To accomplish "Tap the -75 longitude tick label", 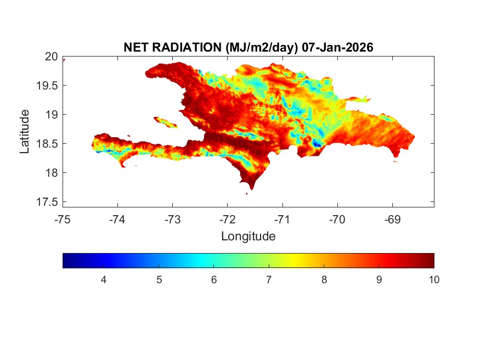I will coord(63,220).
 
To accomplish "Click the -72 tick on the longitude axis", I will coord(228,220).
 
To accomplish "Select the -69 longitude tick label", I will coord(392,220).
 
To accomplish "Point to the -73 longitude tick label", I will coord(173,220).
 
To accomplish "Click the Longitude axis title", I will coord(248,237).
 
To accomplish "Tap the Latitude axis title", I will coord(25,131).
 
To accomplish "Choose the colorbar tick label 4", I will coord(104,280).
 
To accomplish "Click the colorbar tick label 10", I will coord(433,280).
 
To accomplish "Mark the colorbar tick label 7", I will coord(269,280).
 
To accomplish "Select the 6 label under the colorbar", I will coord(214,280).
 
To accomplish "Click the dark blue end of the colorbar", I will coord(66,260).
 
